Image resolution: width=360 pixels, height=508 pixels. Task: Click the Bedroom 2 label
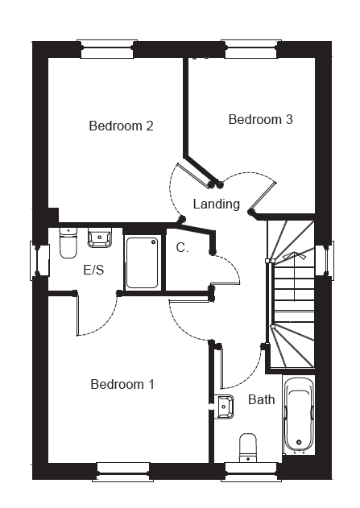click(x=121, y=126)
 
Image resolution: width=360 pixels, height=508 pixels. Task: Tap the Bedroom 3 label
click(x=260, y=119)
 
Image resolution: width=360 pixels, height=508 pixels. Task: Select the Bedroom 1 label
click(x=122, y=384)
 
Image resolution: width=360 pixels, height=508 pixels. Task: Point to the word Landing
click(x=216, y=204)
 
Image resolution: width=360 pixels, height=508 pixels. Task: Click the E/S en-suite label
click(x=93, y=270)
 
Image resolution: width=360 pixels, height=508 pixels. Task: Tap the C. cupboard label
click(x=182, y=248)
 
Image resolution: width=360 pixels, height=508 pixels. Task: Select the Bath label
click(x=261, y=399)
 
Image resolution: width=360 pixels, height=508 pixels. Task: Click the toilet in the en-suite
click(x=68, y=243)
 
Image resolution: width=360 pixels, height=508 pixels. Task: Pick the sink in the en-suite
click(x=100, y=237)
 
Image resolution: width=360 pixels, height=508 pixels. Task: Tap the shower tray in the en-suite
click(x=143, y=262)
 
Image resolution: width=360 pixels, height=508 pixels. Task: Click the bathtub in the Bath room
click(x=299, y=415)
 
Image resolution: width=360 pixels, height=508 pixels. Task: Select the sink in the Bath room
click(x=224, y=407)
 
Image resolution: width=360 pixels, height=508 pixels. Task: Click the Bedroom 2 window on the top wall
click(x=107, y=49)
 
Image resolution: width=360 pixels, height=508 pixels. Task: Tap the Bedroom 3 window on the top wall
click(x=251, y=49)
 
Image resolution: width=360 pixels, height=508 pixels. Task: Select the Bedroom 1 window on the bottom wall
click(x=123, y=472)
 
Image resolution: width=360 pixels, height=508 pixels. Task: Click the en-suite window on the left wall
click(x=39, y=261)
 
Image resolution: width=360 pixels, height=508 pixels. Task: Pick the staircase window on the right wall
click(x=325, y=261)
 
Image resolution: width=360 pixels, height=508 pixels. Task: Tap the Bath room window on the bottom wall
click(x=251, y=472)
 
